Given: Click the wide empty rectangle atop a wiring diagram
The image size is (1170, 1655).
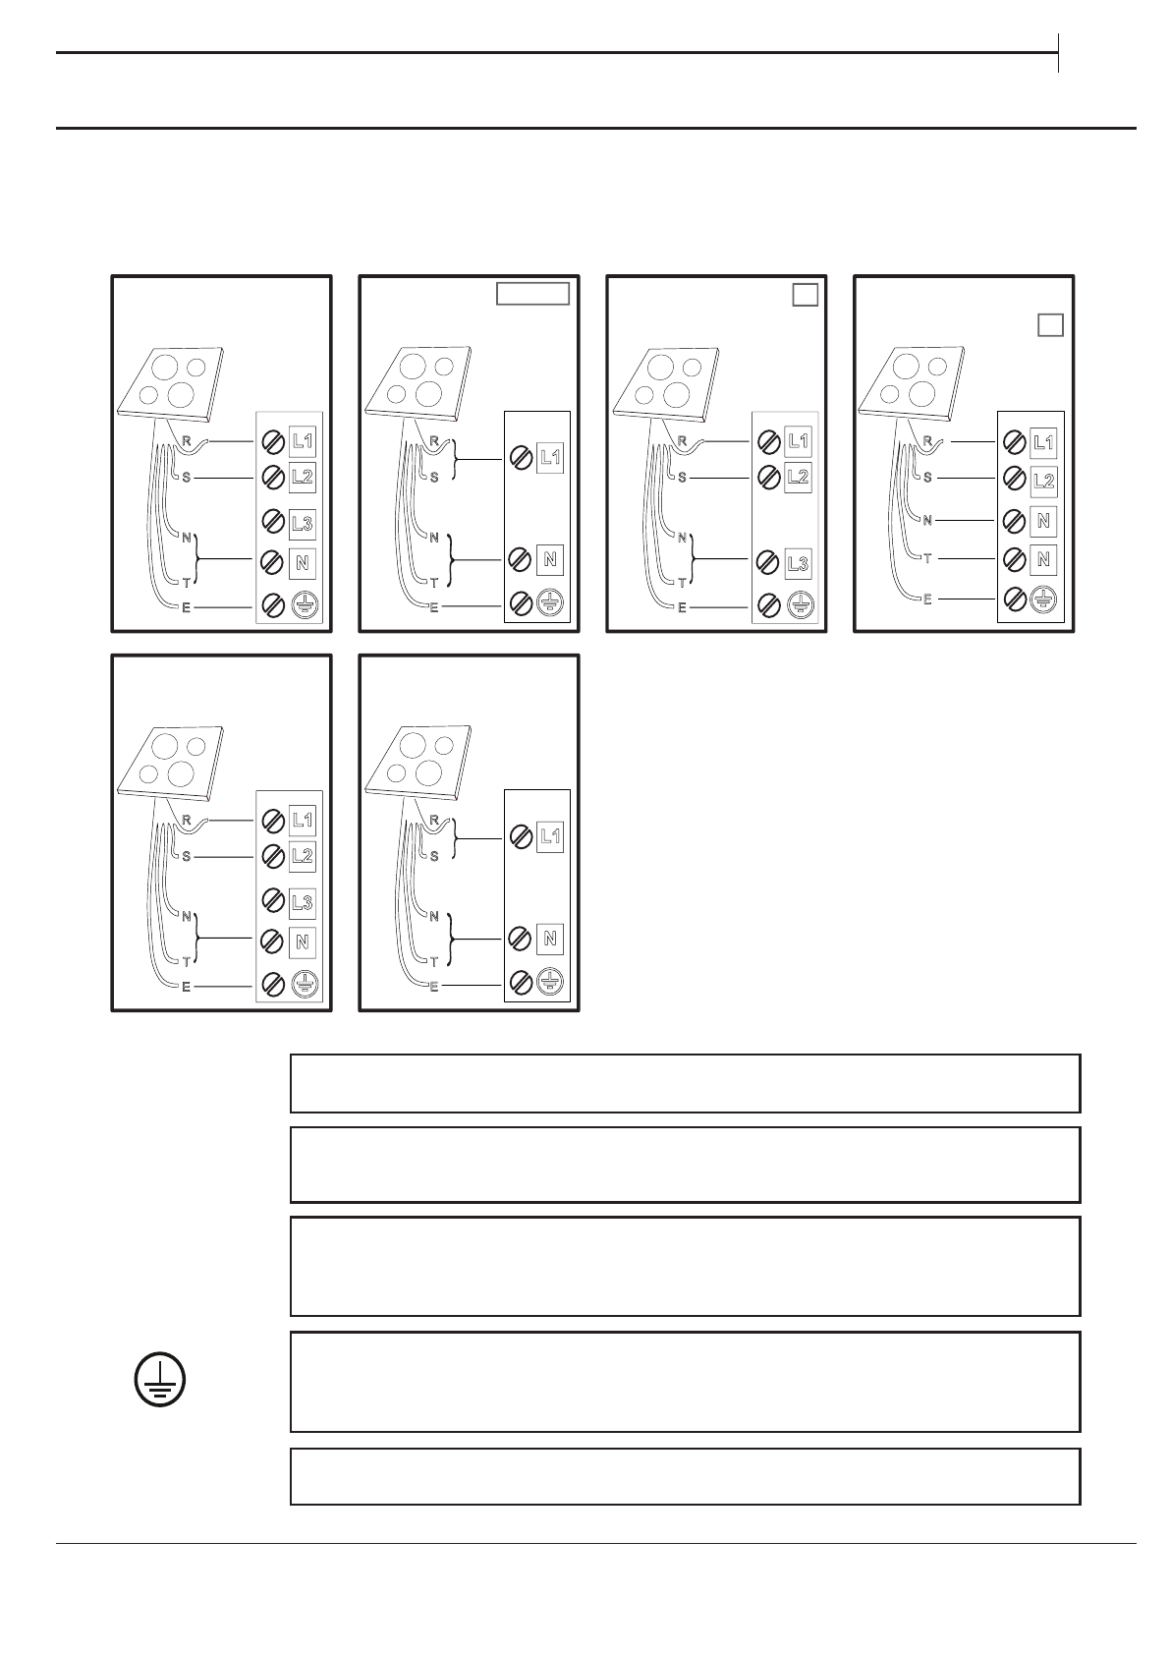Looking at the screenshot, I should [531, 293].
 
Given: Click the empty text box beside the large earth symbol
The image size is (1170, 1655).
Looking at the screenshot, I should [685, 1381].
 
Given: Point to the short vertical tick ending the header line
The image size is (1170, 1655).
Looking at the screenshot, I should [1059, 52].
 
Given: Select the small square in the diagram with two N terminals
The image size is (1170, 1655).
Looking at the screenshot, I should [1050, 325].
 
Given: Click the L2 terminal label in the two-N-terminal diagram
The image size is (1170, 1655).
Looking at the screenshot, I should [1043, 481].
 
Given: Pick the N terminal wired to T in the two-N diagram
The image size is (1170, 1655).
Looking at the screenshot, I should [1043, 558].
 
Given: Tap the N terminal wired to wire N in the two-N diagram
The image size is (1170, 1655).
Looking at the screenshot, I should [1043, 520].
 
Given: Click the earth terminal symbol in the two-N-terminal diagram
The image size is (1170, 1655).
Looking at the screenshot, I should [1043, 599].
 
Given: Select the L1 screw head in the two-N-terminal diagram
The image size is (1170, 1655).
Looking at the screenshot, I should [1014, 442].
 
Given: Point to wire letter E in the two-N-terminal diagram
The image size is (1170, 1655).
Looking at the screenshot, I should [927, 599].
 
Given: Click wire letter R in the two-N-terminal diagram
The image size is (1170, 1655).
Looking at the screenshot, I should [927, 440].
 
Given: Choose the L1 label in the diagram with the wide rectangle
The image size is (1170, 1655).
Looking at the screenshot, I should [549, 457].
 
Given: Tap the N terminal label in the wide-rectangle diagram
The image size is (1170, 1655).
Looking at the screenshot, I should [549, 559].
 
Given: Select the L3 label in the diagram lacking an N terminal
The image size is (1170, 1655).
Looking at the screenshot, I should [798, 563].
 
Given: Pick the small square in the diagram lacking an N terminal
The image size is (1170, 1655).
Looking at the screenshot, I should [805, 294].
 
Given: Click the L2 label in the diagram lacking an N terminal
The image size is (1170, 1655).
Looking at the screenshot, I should [798, 478].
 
